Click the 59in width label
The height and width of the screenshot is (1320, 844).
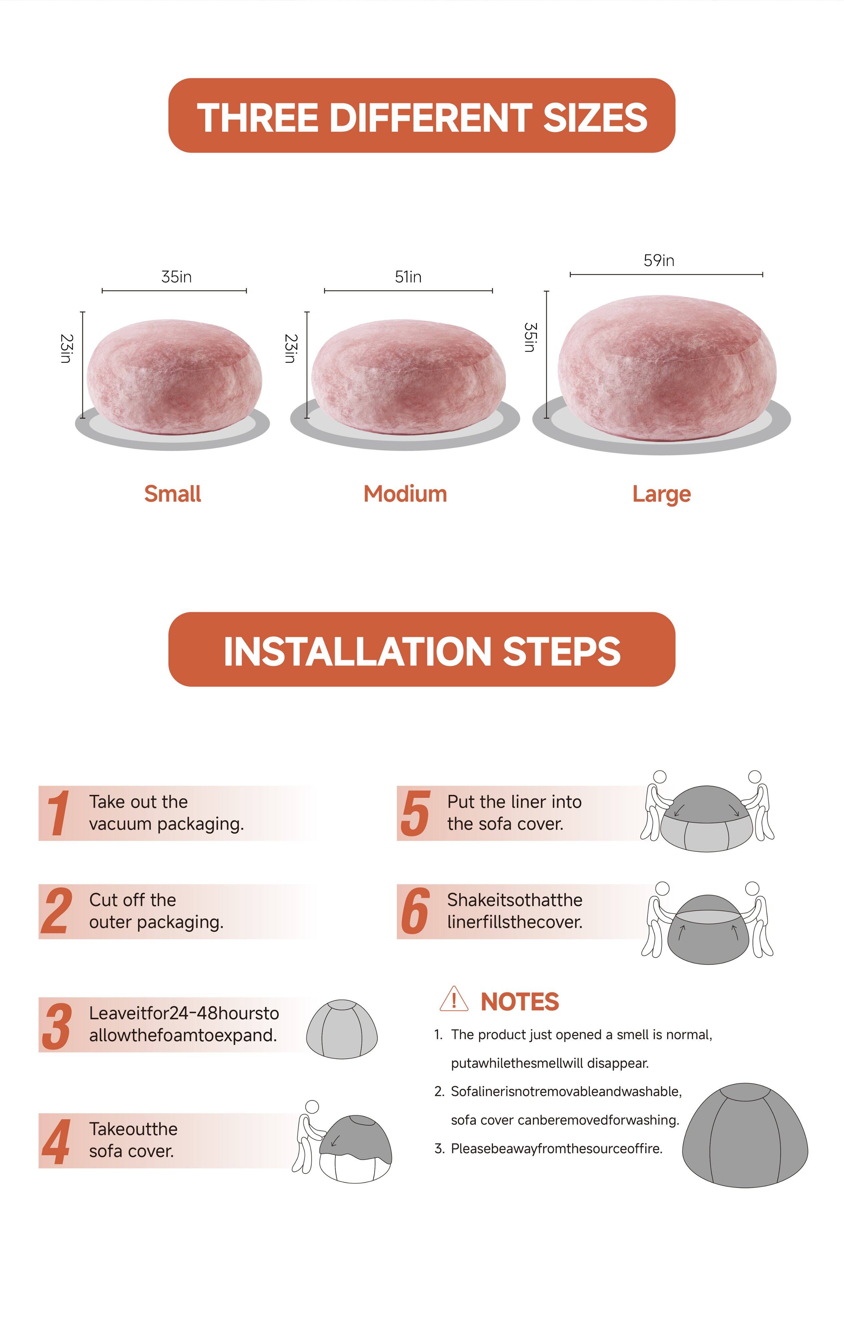659,260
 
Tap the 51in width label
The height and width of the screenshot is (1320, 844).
408,277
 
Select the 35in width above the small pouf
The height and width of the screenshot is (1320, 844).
176,277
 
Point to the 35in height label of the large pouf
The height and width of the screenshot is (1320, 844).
530,337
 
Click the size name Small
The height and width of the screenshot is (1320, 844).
172,494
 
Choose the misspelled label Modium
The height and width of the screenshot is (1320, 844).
405,494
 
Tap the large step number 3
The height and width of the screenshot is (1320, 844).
56,1026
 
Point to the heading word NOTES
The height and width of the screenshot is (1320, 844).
519,1002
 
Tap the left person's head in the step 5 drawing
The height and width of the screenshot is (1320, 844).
660,777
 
